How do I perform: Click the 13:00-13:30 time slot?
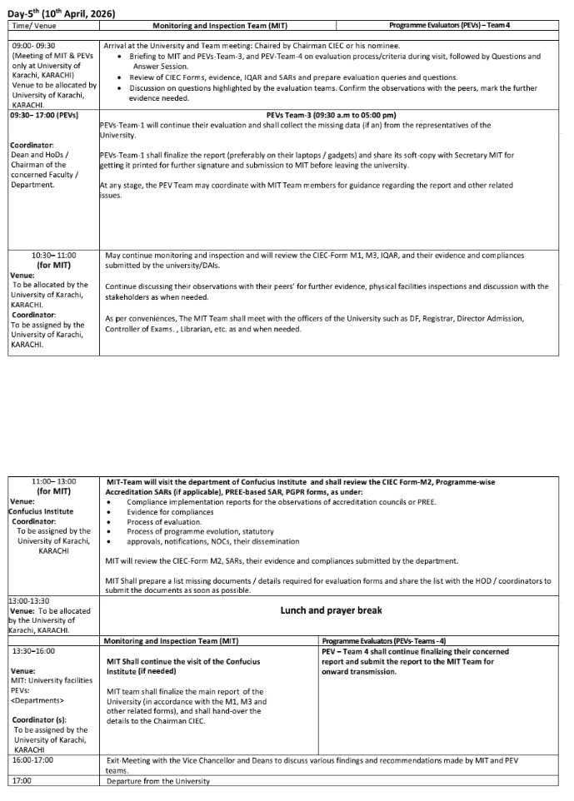(x=28, y=600)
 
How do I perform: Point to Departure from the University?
(x=158, y=780)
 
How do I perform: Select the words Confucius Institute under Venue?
(x=41, y=511)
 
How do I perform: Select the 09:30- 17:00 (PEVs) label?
(x=45, y=115)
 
